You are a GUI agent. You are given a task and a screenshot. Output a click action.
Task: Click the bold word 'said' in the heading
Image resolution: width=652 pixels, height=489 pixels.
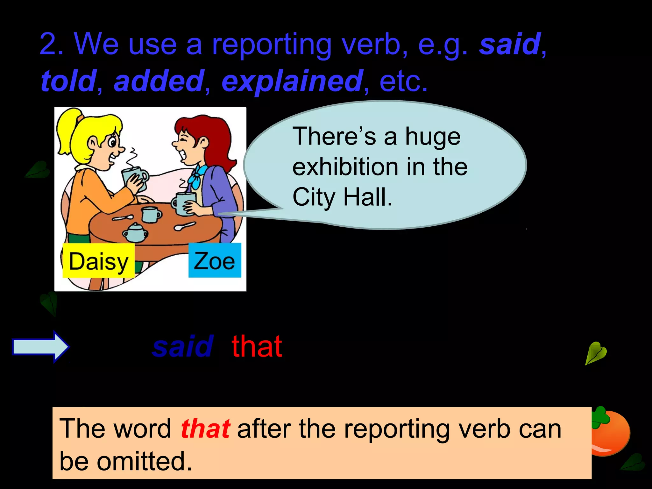tap(510, 45)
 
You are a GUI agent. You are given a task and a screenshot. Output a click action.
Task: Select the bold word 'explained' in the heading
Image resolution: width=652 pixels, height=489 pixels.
tap(292, 81)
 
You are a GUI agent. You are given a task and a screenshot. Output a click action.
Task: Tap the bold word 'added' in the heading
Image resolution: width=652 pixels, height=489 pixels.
tap(159, 81)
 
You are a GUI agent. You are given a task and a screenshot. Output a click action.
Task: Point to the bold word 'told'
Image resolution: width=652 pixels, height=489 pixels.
tap(68, 81)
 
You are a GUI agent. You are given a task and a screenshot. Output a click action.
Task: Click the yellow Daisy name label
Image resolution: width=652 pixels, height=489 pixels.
tap(98, 261)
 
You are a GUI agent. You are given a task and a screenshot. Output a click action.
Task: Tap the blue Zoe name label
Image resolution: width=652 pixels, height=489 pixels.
tap(215, 260)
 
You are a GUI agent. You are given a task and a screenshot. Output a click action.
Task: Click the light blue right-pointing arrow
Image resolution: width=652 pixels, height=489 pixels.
tap(40, 347)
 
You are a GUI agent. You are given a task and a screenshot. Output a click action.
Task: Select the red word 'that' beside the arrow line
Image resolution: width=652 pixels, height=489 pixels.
tap(257, 347)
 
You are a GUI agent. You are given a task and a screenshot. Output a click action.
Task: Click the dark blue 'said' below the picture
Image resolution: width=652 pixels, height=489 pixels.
tap(183, 347)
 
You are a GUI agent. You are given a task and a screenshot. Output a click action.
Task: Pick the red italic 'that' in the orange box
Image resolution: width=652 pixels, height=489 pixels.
tap(205, 429)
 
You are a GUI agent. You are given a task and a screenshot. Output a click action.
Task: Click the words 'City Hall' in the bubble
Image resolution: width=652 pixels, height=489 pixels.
tap(342, 197)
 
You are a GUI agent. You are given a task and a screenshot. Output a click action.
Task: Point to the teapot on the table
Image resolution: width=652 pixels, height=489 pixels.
tap(136, 232)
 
